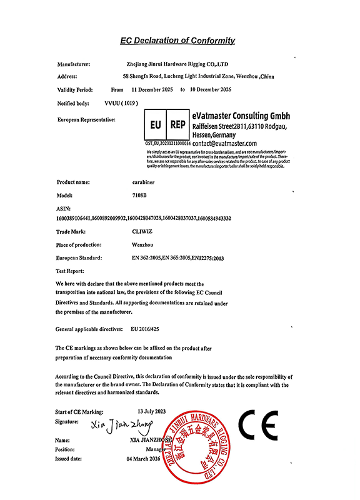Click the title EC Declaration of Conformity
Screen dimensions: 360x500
177,41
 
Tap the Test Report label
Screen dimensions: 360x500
70,271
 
